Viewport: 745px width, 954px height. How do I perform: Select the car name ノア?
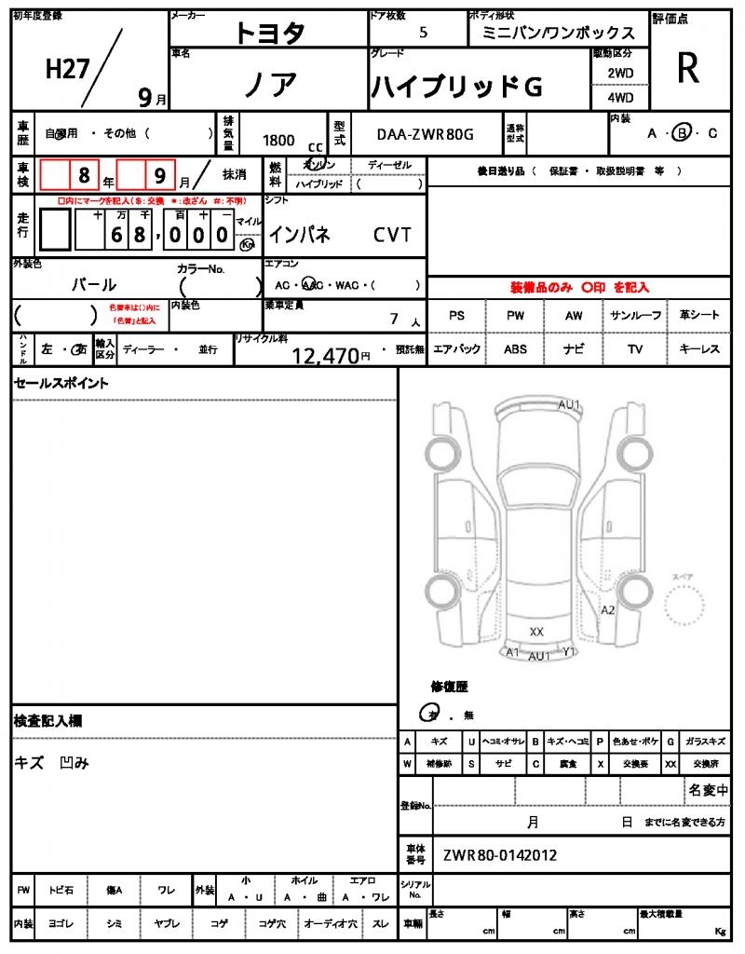pos(271,85)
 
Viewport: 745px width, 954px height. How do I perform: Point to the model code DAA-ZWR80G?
pos(426,134)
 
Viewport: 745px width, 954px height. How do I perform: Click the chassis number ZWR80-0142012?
pos(501,853)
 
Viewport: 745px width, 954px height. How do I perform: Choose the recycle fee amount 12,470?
pos(325,355)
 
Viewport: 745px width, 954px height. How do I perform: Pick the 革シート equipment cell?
pos(699,316)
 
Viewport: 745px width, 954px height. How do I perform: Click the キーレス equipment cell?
pos(699,349)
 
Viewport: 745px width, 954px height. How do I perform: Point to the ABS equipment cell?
pos(515,349)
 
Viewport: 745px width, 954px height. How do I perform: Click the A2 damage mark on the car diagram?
pos(608,610)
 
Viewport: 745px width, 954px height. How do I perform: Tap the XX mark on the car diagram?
pos(536,632)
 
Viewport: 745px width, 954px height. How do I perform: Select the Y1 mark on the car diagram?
pos(570,652)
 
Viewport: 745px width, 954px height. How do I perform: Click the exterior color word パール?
pos(94,285)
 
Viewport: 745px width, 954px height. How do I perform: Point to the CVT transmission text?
pos(392,236)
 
